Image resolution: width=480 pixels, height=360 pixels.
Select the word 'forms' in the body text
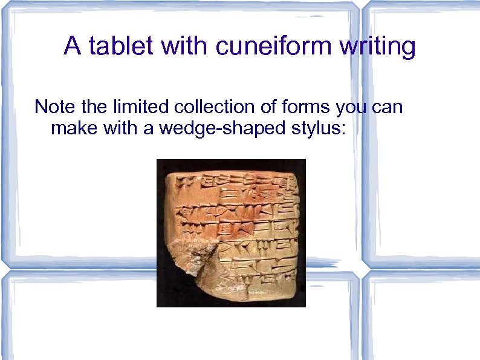pos(298,107)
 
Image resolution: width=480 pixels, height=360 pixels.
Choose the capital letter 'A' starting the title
pos(72,46)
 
